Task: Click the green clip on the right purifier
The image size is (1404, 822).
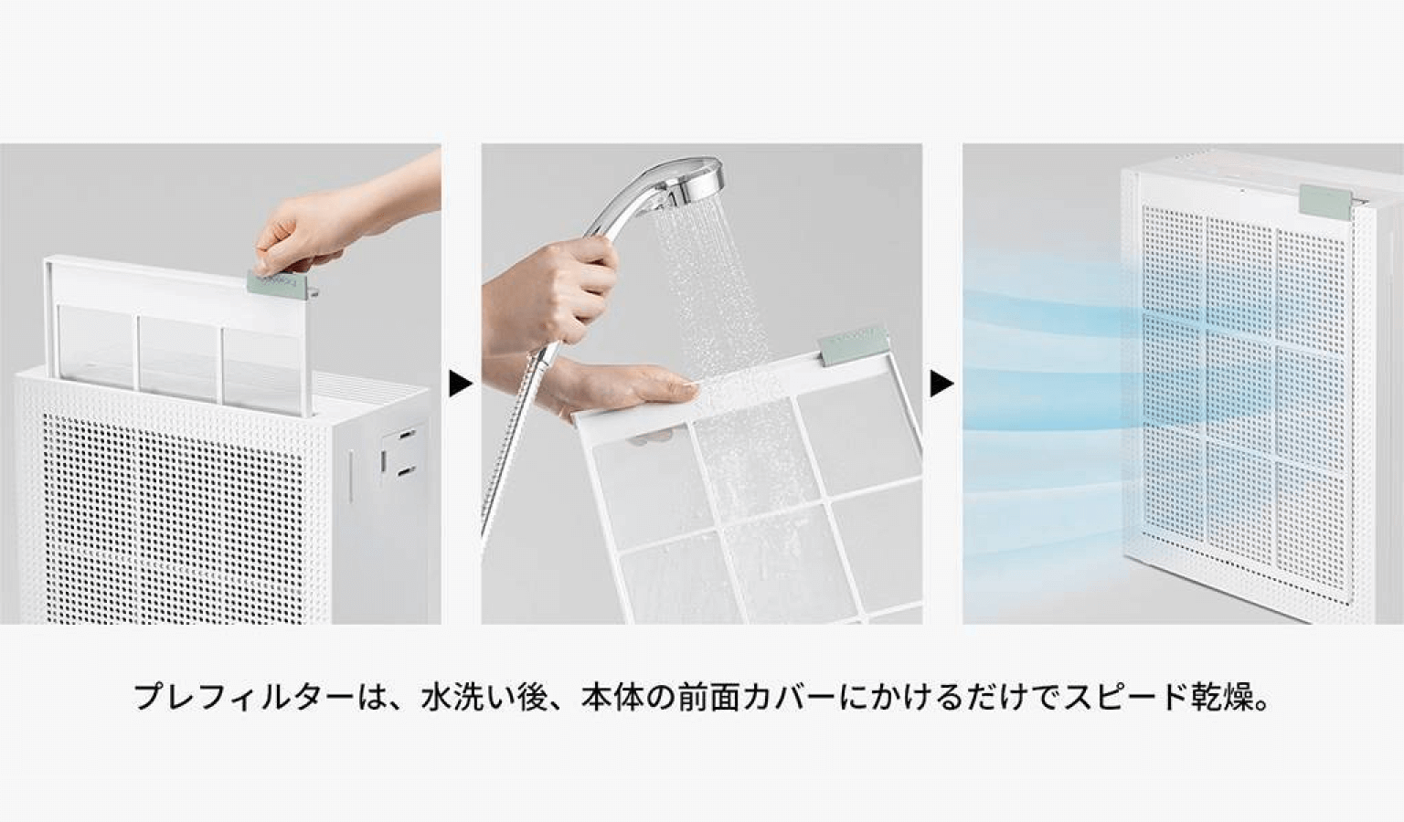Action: click(1324, 200)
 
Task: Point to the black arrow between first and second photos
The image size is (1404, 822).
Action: click(461, 385)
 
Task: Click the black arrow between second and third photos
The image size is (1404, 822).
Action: click(941, 385)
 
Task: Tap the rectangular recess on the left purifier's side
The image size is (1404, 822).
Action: click(396, 453)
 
